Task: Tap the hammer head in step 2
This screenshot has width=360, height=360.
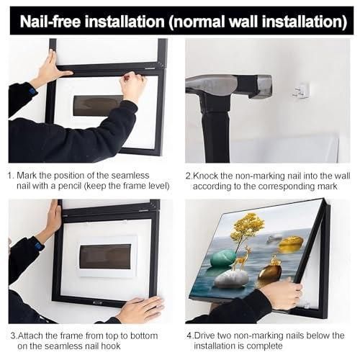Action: pos(216,85)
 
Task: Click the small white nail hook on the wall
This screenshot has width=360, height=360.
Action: pos(302,90)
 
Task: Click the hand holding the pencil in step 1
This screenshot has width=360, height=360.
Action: pos(134,84)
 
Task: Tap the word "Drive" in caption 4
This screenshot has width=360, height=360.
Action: pos(209,335)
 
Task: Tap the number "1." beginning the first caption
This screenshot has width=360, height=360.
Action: pos(12,175)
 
